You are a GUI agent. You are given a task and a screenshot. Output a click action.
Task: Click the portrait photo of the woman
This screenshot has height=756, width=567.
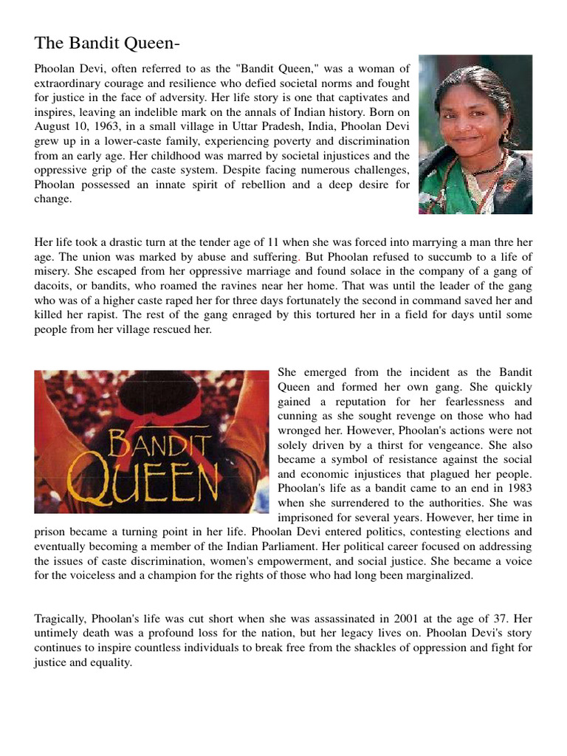(x=475, y=134)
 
